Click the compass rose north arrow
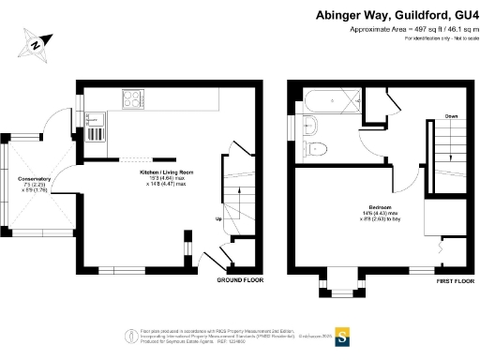tap(37, 43)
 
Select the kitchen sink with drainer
tap(94, 125)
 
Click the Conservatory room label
tap(35, 178)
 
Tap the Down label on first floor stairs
tap(451, 115)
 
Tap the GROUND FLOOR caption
tap(240, 280)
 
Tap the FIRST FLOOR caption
tap(457, 280)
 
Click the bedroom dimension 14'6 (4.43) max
tap(380, 215)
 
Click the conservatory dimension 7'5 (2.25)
tap(35, 185)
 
